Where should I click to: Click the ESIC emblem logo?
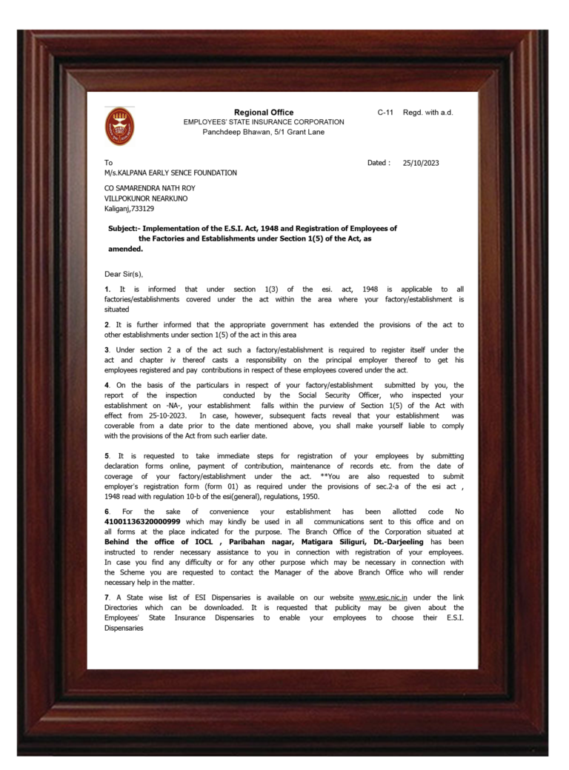click(119, 127)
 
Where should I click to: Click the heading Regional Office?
click(264, 113)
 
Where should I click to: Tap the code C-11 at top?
click(385, 113)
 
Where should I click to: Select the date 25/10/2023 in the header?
click(421, 162)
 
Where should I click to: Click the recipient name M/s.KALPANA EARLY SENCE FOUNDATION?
click(170, 173)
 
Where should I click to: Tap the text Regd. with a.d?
click(427, 113)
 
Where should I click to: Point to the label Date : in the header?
click(379, 162)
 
